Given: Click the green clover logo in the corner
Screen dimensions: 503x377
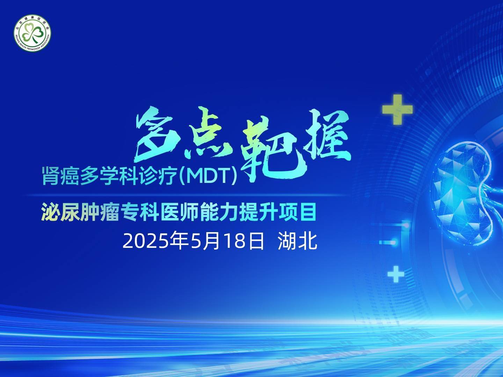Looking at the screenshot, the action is [32, 33].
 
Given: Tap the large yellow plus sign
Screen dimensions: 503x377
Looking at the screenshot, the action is [398, 109].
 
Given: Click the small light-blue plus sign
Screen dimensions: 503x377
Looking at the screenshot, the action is [396, 274].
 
